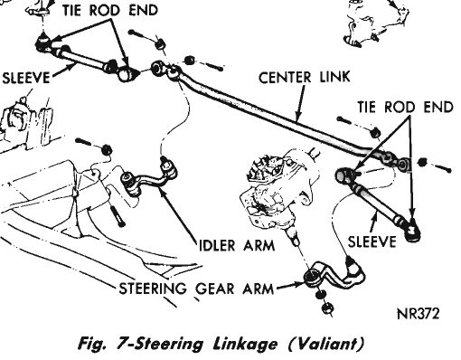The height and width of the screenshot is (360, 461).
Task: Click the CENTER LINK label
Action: point(305,78)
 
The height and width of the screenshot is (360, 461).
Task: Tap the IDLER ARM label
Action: point(237,245)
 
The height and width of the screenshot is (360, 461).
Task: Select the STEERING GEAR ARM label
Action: point(196,289)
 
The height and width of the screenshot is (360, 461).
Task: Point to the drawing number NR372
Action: point(419,314)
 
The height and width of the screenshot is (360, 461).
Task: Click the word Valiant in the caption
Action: point(326,344)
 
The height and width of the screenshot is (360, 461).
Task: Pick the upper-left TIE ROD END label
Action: point(110,10)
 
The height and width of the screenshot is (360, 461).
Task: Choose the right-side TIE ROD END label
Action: point(406,107)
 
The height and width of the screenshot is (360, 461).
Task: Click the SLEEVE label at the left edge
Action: point(25,78)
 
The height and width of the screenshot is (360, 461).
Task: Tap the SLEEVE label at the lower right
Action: point(372,242)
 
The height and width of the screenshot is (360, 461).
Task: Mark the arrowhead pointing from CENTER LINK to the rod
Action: point(298,118)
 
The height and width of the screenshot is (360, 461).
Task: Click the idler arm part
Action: point(149,176)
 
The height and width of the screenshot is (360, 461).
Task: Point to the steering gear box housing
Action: point(278,188)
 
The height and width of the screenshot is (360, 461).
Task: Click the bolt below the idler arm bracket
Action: point(118,214)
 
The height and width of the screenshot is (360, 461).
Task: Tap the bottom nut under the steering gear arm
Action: point(327,308)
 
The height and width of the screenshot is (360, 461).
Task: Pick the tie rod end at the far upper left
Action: point(44,43)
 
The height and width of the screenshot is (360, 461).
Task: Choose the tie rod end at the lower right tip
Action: point(412,230)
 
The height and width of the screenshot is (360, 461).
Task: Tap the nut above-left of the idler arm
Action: point(107,149)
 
